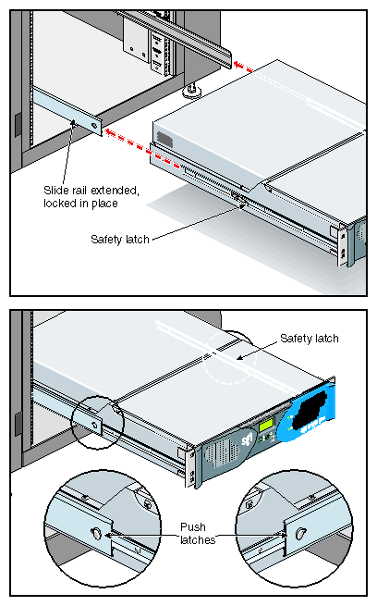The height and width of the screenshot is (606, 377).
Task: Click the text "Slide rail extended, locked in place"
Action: coord(91,197)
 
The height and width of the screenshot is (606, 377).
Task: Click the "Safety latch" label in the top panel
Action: coord(120,240)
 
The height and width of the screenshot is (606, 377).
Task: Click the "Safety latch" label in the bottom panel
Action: coord(310,339)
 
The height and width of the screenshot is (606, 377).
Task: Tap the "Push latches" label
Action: coord(197,533)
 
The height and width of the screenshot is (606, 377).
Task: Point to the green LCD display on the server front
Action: coord(266,425)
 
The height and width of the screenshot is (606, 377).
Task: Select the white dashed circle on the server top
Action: coord(230,358)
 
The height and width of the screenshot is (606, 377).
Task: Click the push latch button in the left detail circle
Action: coord(96,533)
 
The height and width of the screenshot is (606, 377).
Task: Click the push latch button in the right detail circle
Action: coord(299,534)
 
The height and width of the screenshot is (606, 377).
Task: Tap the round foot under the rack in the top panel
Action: coord(192,92)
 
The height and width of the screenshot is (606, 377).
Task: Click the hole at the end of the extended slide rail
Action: coord(94,126)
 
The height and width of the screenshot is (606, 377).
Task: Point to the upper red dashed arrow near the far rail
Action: coord(243,66)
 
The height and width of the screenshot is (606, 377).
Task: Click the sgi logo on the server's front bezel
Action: coord(247,440)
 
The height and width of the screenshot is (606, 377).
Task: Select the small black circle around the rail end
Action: coord(98,423)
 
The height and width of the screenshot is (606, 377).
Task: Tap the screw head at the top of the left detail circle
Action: coord(147,504)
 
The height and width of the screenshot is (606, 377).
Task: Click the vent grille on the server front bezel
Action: coord(220,452)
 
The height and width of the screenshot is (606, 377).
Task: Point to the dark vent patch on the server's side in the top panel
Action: coord(164,139)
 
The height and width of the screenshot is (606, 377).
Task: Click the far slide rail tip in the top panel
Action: coord(226,58)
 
